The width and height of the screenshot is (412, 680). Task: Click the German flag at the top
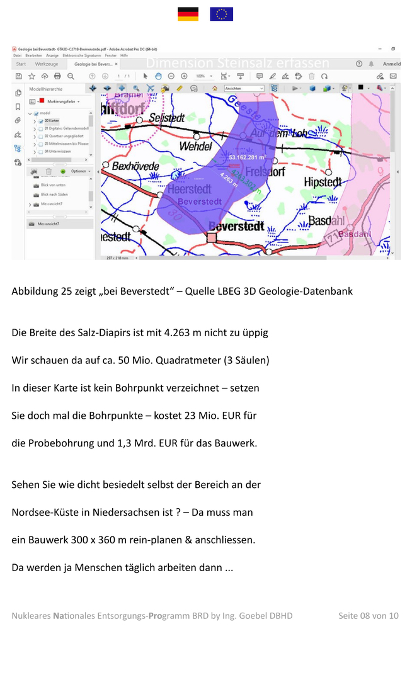click(x=188, y=14)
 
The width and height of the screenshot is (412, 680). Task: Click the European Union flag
click(x=221, y=14)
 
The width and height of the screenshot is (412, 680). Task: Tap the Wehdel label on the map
click(x=195, y=146)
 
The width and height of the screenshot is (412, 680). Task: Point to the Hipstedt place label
click(x=323, y=183)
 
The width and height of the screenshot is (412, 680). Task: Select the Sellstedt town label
click(x=166, y=118)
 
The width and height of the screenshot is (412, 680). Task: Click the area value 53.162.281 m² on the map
click(x=248, y=157)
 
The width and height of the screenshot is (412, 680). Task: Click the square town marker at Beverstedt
click(x=212, y=237)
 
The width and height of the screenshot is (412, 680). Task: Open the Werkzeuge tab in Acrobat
click(x=47, y=64)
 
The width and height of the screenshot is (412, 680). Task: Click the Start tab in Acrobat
click(x=21, y=64)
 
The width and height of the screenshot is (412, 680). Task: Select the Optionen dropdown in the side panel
click(x=79, y=171)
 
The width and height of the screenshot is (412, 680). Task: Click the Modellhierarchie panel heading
click(x=46, y=89)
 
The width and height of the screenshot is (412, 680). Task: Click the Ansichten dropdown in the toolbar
click(x=244, y=89)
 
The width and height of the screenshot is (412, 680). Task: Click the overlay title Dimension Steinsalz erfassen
click(x=237, y=63)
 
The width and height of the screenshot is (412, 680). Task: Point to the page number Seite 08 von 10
click(x=368, y=615)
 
